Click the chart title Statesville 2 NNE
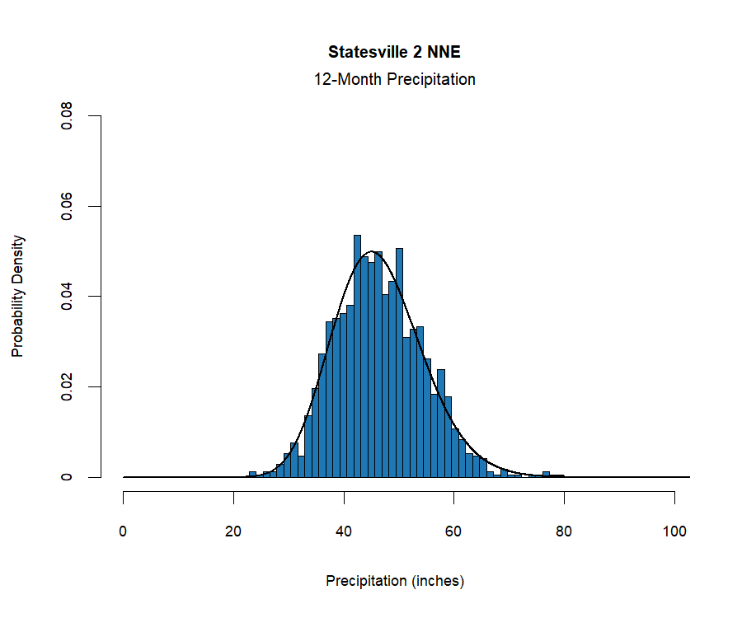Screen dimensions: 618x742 pos(394,52)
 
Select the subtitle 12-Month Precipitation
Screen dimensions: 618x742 pos(394,80)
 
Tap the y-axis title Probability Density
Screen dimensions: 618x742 pos(17,297)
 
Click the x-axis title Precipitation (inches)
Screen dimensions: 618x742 pos(395,581)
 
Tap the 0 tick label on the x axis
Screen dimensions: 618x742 pos(124,531)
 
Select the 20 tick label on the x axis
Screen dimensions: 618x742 pos(234,531)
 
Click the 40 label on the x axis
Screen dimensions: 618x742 pos(344,531)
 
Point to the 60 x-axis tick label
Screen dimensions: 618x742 pos(454,531)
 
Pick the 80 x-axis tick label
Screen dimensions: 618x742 pos(565,531)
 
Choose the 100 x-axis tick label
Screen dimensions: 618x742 pos(674,531)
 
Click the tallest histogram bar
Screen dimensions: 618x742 pos(357,354)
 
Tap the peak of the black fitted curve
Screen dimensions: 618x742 pos(372,251)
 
